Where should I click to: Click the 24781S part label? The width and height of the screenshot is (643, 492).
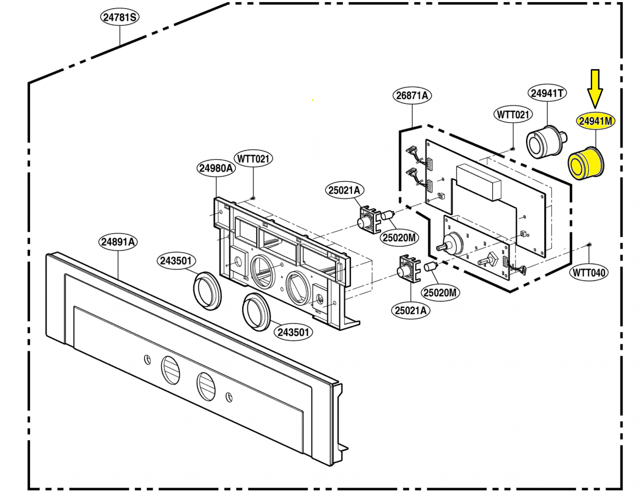(x=119, y=18)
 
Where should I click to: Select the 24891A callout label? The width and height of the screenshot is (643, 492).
(x=118, y=242)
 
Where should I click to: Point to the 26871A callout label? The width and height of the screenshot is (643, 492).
(x=412, y=96)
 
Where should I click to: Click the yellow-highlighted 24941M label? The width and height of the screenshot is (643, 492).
(x=595, y=122)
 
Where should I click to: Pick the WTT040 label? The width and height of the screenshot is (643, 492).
(x=589, y=273)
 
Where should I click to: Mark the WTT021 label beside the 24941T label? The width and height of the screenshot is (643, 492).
(x=512, y=115)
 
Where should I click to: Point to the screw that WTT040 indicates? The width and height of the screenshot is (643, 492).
(x=589, y=244)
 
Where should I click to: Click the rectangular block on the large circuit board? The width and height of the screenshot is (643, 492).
(x=478, y=182)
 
